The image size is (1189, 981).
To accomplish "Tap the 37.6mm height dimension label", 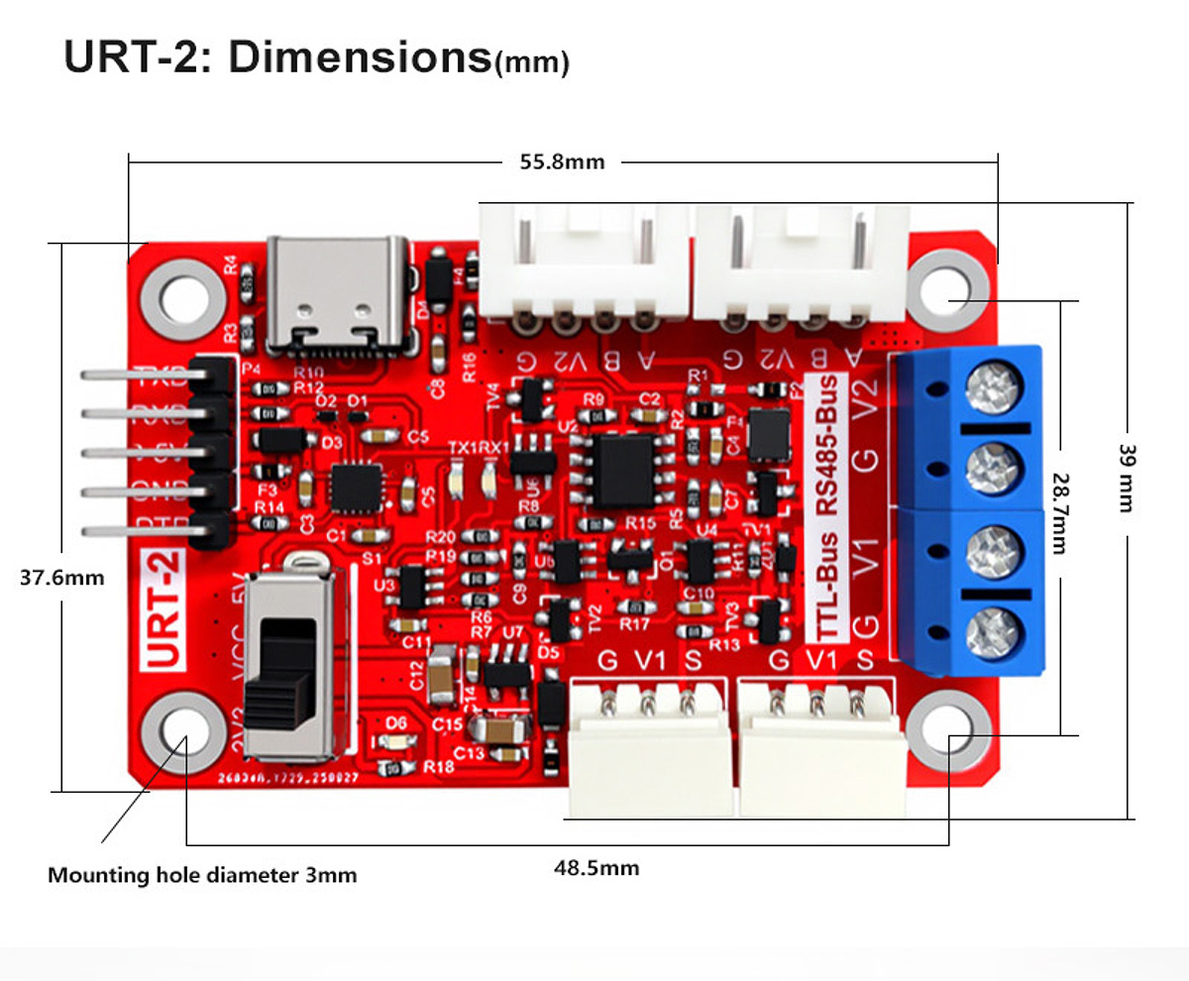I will (x=61, y=577).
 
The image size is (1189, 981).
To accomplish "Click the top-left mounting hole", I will (x=183, y=294).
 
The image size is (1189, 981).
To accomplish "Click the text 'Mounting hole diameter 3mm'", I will (x=202, y=875).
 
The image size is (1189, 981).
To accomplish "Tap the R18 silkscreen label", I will (x=438, y=766).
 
